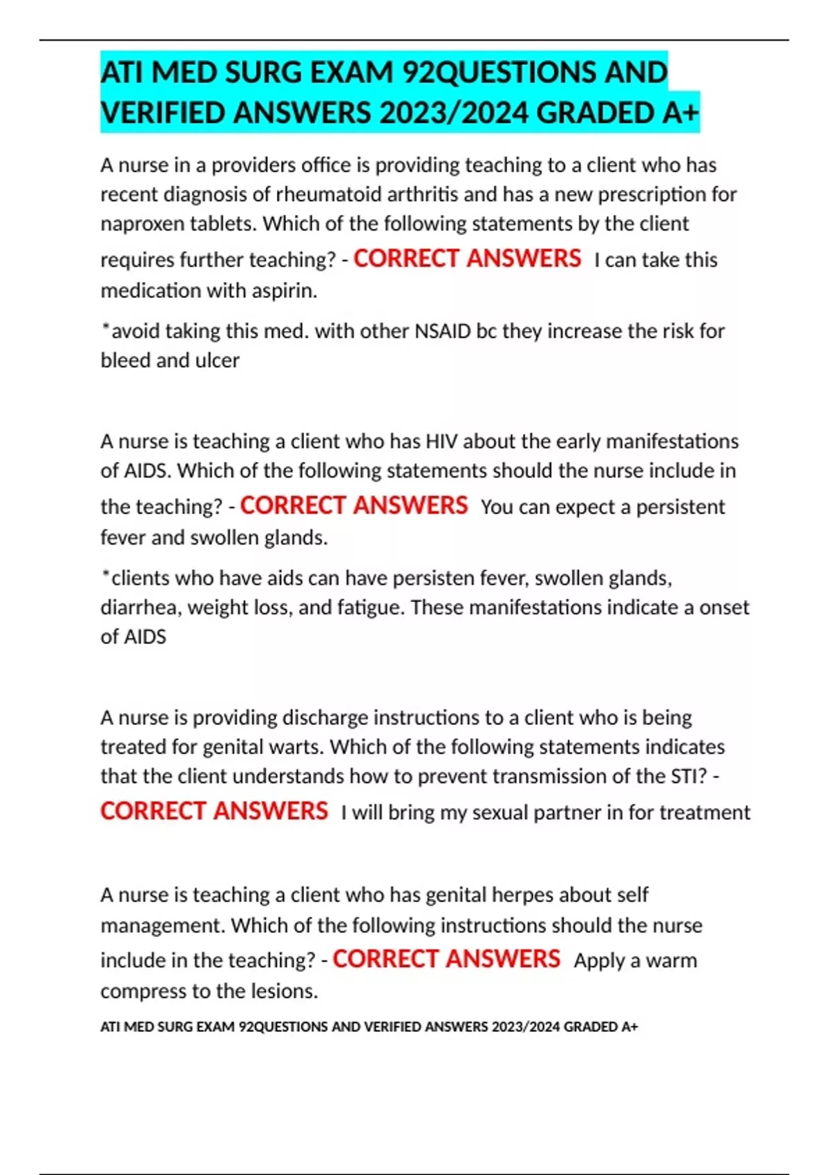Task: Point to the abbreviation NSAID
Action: click(x=442, y=331)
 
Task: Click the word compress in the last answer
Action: click(x=143, y=992)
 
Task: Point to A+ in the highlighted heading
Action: click(x=680, y=113)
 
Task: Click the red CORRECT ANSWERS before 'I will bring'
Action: click(x=214, y=811)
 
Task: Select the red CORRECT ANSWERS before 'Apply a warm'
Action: click(x=446, y=959)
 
